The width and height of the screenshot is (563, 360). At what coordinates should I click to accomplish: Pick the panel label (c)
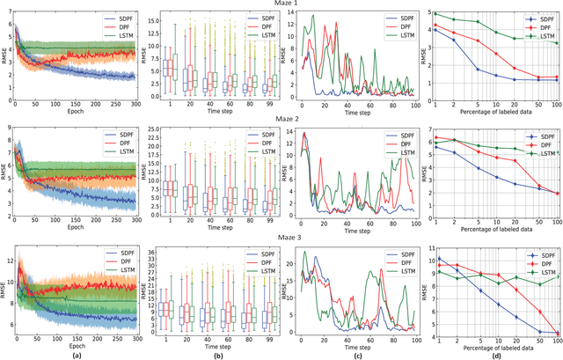click(x=350, y=353)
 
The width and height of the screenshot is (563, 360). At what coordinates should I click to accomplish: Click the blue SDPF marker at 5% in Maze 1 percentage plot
click(x=478, y=69)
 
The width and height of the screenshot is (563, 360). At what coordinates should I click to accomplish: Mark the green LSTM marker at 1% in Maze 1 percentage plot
click(x=435, y=13)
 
